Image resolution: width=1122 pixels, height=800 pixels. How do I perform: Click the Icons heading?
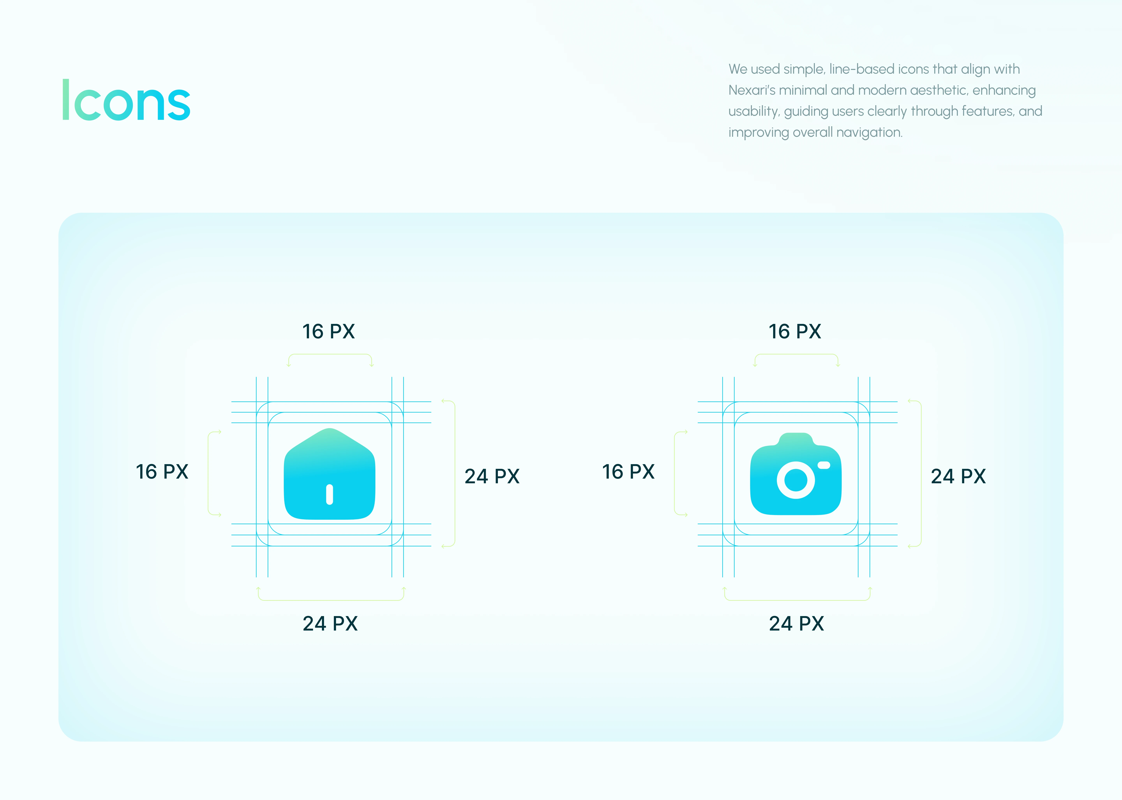click(x=126, y=100)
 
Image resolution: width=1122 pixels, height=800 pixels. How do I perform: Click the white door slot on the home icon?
click(x=330, y=495)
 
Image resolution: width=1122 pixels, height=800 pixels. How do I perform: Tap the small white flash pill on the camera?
click(x=824, y=465)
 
